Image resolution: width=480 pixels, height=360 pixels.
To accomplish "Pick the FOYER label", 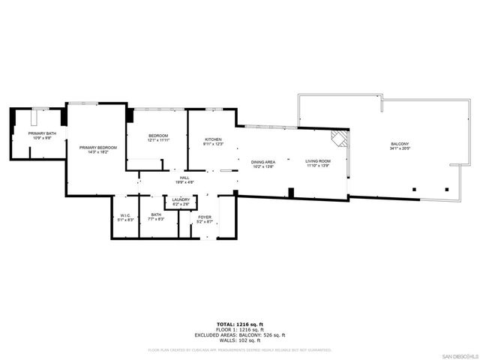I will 205,218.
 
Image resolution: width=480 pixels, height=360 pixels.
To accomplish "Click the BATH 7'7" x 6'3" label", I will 155,218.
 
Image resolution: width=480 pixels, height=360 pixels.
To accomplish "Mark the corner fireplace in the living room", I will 340,138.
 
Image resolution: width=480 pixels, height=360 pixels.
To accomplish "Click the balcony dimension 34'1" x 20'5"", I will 400,148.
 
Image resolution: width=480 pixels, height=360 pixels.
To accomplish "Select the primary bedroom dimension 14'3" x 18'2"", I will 98,152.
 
